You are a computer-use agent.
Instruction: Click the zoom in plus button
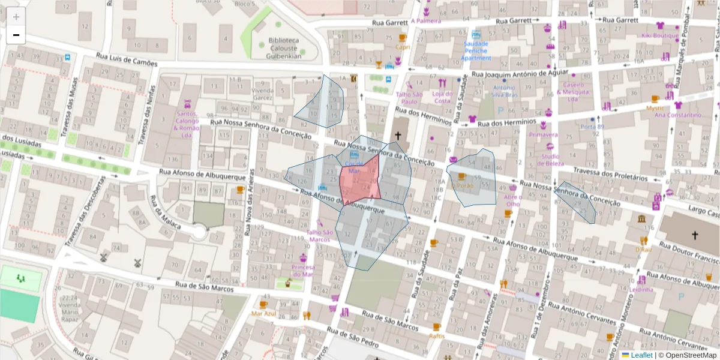[x=16, y=17]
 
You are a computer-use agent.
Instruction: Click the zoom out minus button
[x=16, y=35]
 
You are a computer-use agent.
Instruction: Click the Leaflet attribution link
[x=641, y=355]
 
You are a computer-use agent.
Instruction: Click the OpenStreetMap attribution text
[x=687, y=355]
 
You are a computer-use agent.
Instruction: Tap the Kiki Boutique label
[x=660, y=35]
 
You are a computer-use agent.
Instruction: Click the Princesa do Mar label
[x=302, y=271]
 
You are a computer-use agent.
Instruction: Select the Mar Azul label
[x=263, y=313]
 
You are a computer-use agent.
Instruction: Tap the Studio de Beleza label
[x=550, y=160]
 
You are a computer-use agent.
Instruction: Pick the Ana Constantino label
[x=677, y=115]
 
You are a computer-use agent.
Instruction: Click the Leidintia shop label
[x=641, y=289]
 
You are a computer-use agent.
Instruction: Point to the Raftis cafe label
[x=437, y=336]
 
